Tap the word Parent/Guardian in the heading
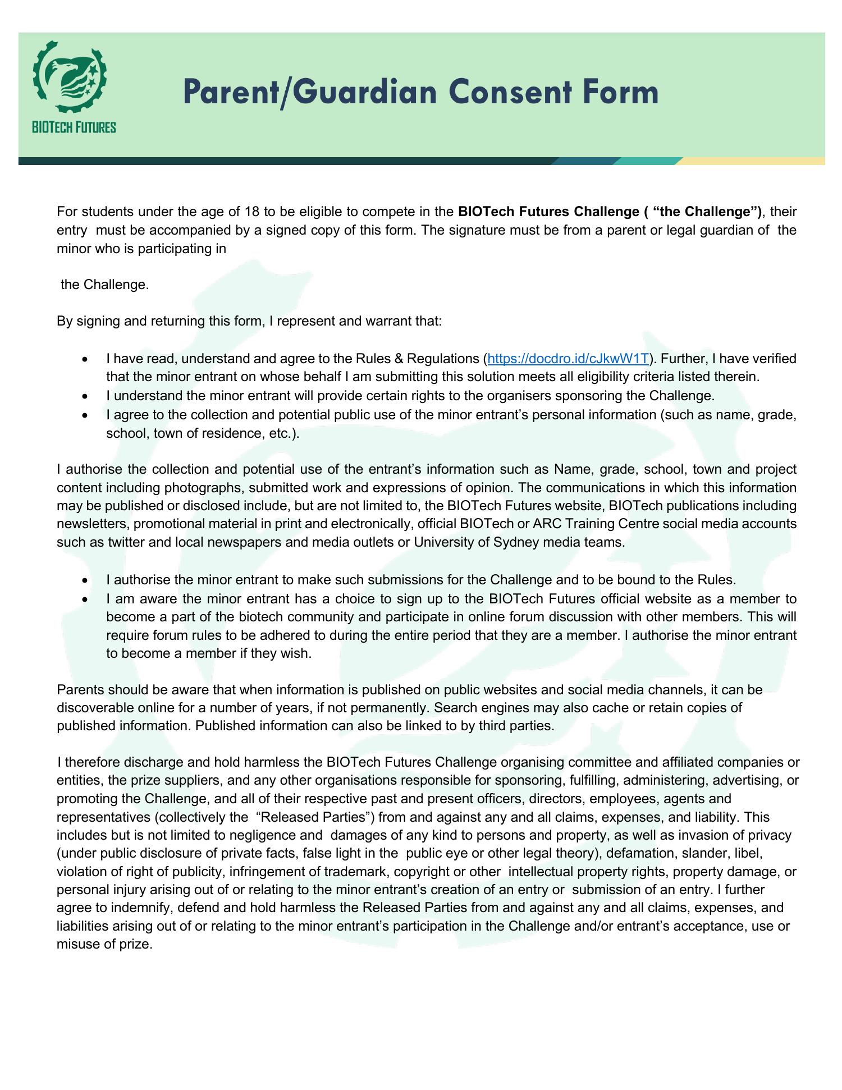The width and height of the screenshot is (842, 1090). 309,93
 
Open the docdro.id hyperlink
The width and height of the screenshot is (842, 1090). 569,359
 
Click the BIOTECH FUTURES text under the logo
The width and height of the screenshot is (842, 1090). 74,127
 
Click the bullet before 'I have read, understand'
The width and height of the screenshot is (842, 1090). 84,359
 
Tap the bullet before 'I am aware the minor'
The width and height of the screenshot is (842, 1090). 84,599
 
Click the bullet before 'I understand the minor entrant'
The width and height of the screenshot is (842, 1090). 84,396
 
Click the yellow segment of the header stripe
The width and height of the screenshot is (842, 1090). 752,161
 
